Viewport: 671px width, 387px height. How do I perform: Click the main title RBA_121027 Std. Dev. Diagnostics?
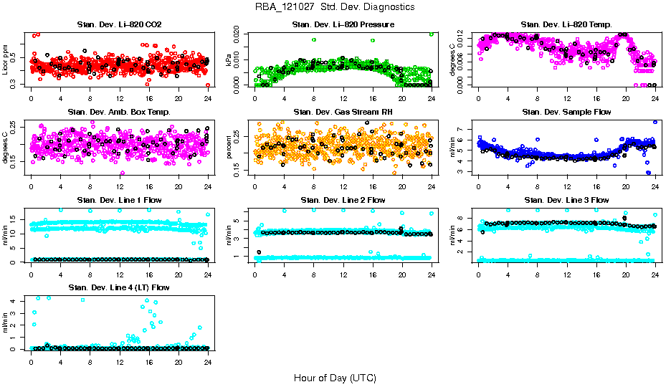(x=334, y=7)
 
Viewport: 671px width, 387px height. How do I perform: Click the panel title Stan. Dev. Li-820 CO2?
(x=119, y=24)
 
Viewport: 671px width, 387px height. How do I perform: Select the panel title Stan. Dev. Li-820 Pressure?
(x=343, y=24)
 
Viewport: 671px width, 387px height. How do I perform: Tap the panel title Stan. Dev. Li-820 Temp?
(x=566, y=24)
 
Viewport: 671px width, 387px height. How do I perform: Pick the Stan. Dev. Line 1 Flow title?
(x=119, y=200)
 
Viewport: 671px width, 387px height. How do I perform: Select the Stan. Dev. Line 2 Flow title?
(x=343, y=200)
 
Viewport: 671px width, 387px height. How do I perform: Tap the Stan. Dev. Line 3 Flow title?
(x=566, y=200)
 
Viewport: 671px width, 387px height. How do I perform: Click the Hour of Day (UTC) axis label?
(x=334, y=377)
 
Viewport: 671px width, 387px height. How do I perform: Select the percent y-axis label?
(x=230, y=148)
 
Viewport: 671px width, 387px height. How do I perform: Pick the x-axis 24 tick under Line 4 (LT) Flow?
(x=207, y=361)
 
